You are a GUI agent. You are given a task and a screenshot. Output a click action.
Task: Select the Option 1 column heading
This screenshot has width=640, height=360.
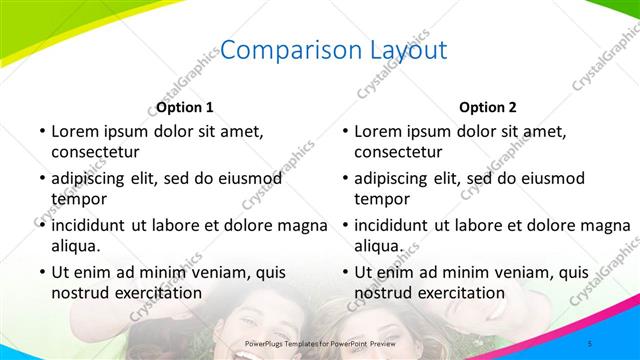[x=185, y=107]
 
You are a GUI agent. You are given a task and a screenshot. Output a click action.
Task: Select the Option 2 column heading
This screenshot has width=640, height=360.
[x=488, y=107]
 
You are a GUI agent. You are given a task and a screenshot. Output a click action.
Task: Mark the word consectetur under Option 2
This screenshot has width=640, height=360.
[x=398, y=152]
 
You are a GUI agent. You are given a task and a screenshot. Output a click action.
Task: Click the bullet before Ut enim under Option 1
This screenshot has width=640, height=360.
[x=41, y=271]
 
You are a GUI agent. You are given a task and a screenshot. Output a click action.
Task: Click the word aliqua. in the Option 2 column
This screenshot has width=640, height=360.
[x=378, y=246]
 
